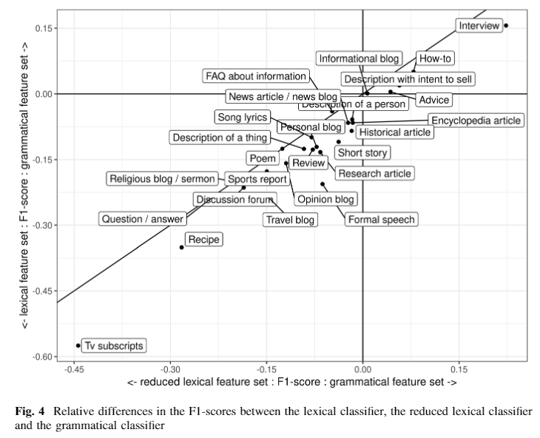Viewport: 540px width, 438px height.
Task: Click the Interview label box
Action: [479, 26]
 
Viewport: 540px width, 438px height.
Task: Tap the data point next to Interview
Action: [506, 26]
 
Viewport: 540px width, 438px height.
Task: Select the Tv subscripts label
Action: [113, 346]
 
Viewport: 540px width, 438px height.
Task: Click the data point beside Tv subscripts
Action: [78, 346]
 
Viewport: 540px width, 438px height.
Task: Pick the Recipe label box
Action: [203, 239]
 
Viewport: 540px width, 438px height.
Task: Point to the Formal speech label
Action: [381, 219]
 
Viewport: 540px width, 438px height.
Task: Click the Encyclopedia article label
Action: [476, 121]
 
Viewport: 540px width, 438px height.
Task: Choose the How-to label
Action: [435, 58]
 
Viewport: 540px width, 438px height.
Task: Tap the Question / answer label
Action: [142, 219]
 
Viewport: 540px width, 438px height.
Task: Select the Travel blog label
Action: [290, 219]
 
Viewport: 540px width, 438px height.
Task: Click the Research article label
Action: [374, 174]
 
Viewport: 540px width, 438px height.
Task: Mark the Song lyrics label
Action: [242, 117]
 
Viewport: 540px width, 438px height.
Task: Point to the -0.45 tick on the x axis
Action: [74, 368]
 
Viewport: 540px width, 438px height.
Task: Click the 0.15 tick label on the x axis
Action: [459, 368]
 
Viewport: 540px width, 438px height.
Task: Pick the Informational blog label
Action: [359, 58]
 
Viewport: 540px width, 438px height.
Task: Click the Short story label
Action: [362, 152]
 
